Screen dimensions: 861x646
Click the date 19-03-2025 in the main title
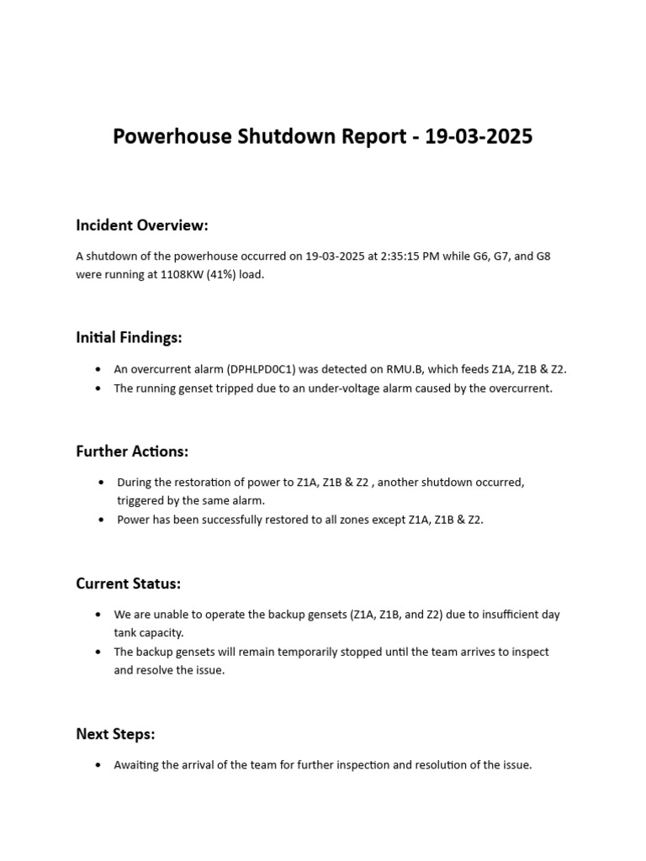pos(479,136)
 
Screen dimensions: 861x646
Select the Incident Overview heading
pos(141,225)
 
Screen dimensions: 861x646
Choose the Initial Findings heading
pos(129,337)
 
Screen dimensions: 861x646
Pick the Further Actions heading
pos(132,452)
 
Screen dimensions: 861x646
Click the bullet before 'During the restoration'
pos(101,483)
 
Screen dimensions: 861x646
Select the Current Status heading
pos(128,584)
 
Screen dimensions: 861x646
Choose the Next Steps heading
pos(115,734)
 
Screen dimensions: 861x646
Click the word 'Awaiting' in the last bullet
pos(137,765)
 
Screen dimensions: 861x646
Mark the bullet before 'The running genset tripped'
pos(98,388)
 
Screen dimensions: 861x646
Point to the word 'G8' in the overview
pos(543,256)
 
